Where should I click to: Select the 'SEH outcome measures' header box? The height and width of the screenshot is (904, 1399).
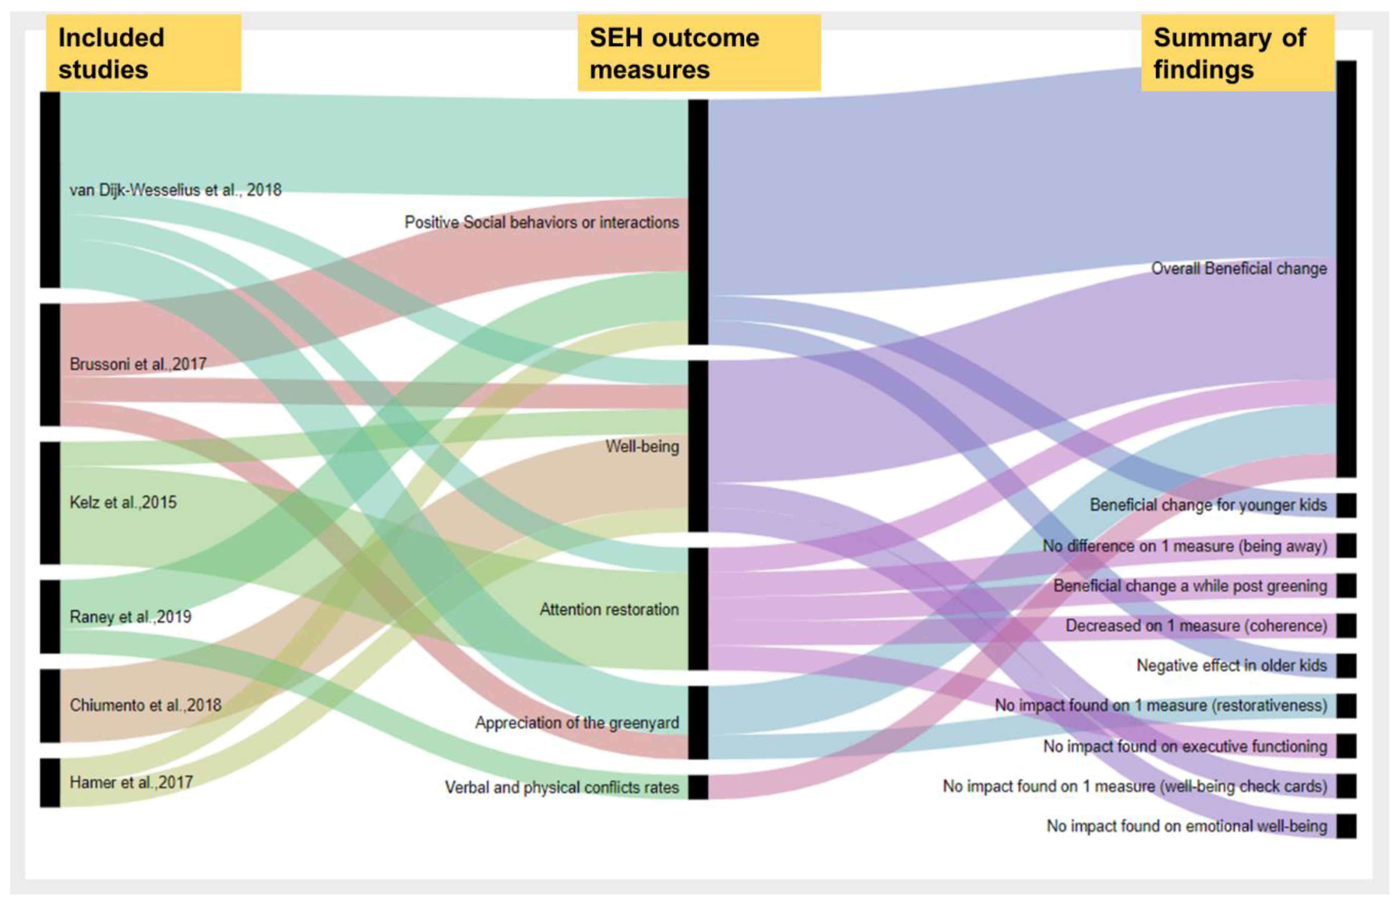(x=699, y=53)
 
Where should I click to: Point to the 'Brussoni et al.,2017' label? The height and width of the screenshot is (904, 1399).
(x=138, y=364)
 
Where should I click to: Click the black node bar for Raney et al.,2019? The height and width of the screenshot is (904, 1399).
(x=50, y=616)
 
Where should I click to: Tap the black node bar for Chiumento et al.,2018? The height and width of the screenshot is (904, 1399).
(x=50, y=706)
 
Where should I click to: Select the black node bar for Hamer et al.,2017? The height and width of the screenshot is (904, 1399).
(x=50, y=783)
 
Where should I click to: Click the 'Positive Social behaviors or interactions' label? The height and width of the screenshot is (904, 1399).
(x=541, y=222)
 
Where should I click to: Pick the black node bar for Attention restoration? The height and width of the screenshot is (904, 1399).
(x=698, y=609)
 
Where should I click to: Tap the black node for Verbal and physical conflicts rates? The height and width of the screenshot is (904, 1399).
(x=698, y=787)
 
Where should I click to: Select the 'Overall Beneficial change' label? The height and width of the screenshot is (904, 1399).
(x=1239, y=269)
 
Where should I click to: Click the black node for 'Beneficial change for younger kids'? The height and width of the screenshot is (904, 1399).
(x=1346, y=505)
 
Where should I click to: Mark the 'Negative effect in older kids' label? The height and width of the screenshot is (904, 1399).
(x=1231, y=666)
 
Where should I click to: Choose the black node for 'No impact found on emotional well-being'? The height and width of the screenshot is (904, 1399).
(x=1346, y=826)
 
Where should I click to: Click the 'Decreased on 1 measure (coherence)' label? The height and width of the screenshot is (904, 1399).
(x=1196, y=626)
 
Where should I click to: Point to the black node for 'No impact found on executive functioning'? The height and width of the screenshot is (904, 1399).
(x=1346, y=746)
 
